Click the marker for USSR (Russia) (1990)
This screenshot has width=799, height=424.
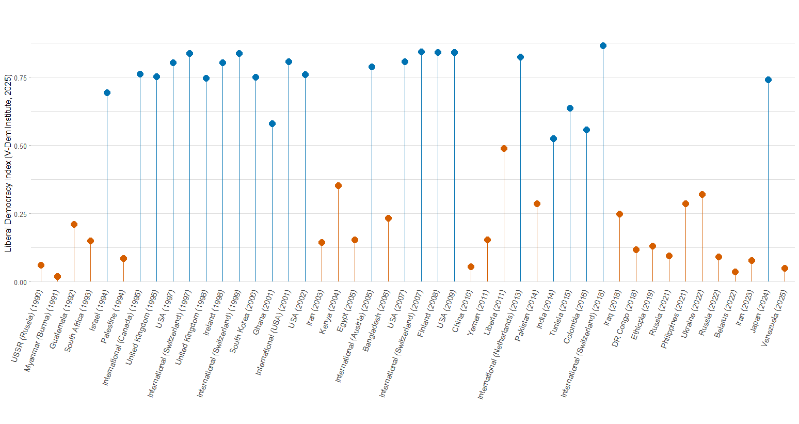click(x=41, y=265)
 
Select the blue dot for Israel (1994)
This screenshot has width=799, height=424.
click(x=107, y=93)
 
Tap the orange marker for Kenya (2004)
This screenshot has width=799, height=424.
click(x=338, y=186)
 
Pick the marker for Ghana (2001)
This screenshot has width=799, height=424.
click(x=272, y=124)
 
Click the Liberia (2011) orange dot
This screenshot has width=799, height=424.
click(x=504, y=149)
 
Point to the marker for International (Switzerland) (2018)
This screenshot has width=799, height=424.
click(x=603, y=46)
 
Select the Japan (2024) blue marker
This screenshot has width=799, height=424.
click(x=768, y=80)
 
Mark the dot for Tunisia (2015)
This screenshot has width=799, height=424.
click(x=570, y=108)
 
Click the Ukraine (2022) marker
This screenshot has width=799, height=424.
click(x=702, y=195)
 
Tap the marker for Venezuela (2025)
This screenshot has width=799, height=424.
click(x=785, y=269)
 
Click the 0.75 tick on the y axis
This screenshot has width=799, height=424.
click(x=21, y=77)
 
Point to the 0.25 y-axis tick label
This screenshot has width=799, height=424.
click(x=21, y=214)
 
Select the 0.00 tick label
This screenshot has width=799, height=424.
click(x=21, y=282)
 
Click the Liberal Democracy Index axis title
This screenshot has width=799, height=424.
click(x=8, y=163)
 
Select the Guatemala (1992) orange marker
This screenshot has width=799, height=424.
click(x=74, y=225)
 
